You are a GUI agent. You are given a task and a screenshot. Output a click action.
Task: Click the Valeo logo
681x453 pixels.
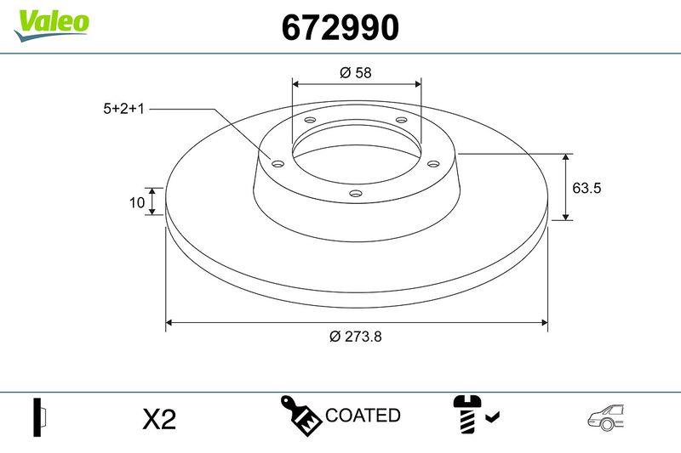[51, 25]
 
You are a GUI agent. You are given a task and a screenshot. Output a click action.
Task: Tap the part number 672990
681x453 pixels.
[340, 27]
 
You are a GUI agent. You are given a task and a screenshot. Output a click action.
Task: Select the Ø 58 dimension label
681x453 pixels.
[356, 72]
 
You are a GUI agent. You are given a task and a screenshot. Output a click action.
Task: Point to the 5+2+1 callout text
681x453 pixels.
[123, 109]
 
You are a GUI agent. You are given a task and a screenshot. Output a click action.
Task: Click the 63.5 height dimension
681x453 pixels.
[587, 188]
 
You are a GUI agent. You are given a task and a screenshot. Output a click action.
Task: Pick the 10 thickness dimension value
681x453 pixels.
[137, 202]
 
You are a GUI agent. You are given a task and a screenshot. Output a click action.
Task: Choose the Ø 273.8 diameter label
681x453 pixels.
[356, 337]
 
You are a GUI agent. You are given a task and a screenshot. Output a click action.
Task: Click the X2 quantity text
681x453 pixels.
[159, 420]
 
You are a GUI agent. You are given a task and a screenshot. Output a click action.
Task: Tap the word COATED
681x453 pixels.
[363, 416]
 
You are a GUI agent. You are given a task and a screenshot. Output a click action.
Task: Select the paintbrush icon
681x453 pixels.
[300, 416]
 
